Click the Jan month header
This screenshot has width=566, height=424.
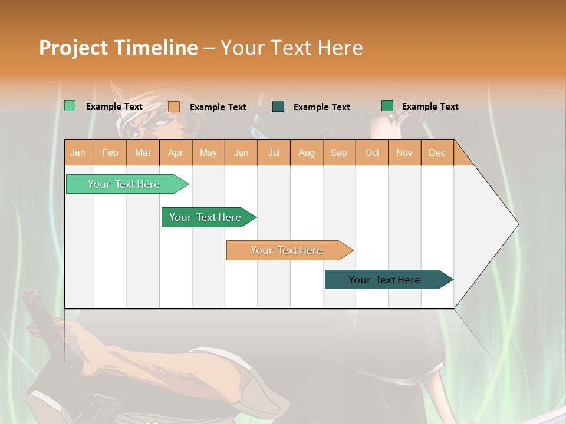click(78, 153)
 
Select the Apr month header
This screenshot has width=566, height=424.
click(176, 153)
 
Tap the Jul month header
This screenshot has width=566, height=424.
click(274, 153)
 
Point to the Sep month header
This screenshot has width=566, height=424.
click(339, 153)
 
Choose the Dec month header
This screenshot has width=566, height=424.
click(437, 153)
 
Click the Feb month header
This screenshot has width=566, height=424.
click(110, 153)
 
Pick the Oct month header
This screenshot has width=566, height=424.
click(372, 153)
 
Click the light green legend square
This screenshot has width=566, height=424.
click(70, 106)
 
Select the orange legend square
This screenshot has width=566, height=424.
click(174, 107)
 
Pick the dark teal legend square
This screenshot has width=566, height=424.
click(278, 106)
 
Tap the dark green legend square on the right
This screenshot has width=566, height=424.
click(387, 106)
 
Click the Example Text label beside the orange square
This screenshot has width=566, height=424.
click(218, 107)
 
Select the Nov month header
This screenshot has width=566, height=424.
click(404, 153)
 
